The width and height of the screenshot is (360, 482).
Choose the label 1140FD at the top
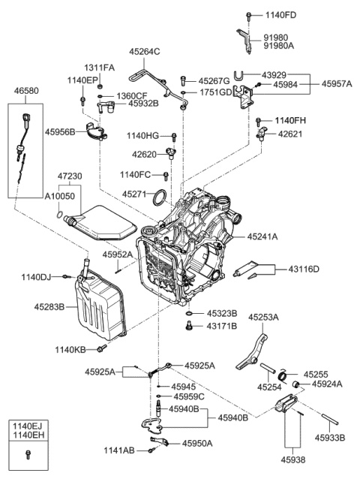point(282,14)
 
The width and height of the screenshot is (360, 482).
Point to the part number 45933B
point(331,436)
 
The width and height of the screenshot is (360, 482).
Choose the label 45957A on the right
point(337,85)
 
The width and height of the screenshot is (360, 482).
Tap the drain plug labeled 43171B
point(189,325)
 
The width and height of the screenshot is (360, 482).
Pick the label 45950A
point(198,443)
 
